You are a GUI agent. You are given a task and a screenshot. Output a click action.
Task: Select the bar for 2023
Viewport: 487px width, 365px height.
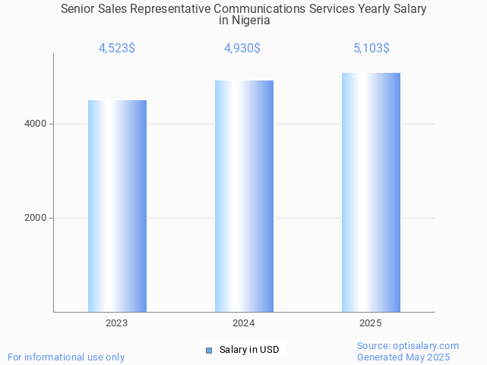coord(117,206)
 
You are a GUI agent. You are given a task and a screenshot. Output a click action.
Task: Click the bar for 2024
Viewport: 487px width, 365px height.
coord(244,196)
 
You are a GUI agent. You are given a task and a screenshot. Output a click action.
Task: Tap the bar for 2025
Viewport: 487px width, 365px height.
coord(371,192)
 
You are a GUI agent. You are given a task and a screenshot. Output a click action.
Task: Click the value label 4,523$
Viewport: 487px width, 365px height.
coord(117,49)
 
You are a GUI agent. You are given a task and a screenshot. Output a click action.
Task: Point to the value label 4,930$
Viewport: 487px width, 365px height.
coord(242,49)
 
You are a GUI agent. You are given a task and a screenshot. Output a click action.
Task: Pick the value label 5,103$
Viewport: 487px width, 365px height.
coord(372,49)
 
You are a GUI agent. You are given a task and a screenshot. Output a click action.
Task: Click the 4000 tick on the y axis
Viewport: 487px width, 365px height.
coord(35,124)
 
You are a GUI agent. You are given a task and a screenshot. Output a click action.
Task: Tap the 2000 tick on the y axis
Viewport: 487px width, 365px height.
coord(35,218)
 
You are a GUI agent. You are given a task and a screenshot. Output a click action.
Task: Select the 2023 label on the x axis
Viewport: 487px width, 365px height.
coord(117,323)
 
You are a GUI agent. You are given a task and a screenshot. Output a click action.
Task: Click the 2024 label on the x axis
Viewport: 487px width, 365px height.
coord(244,323)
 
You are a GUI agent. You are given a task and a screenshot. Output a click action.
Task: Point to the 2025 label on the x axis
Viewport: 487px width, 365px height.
coord(371,323)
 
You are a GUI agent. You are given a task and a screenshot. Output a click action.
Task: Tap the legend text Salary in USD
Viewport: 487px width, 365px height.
coord(249,350)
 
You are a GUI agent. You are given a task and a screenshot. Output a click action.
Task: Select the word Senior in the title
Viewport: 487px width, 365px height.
coord(79,9)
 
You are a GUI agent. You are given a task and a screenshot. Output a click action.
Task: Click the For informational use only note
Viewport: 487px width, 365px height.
coord(66,357)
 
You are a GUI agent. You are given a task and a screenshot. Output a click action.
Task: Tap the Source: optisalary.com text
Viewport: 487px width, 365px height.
coord(408,346)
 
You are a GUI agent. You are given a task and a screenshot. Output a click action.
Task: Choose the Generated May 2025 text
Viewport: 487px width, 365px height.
coord(403,357)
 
